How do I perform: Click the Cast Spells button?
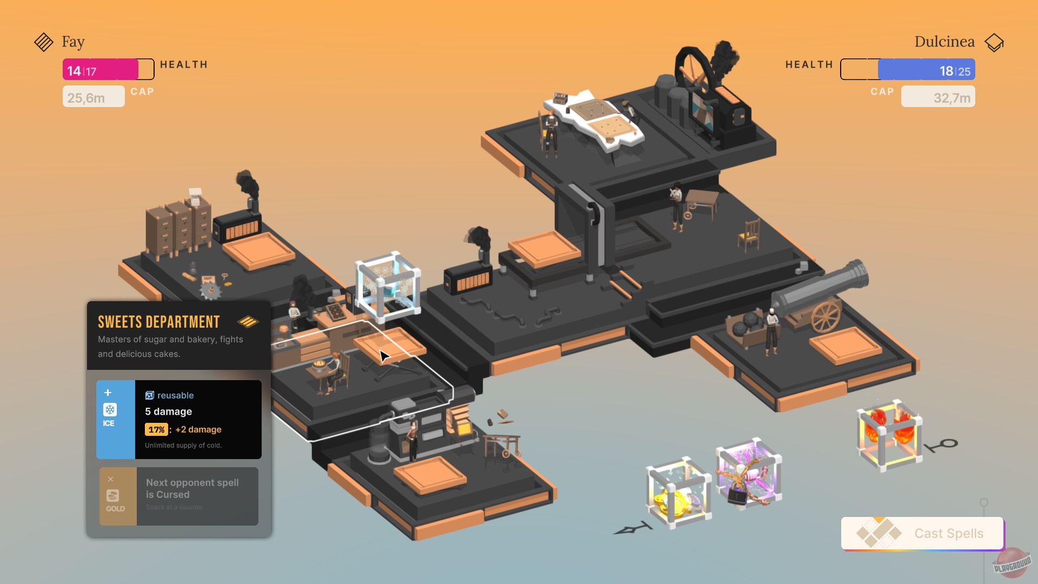pyautogui.click(x=922, y=533)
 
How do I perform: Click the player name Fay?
pyautogui.click(x=73, y=42)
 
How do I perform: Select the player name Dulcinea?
pyautogui.click(x=944, y=42)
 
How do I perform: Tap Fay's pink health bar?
pyautogui.click(x=101, y=70)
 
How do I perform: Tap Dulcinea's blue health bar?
pyautogui.click(x=926, y=70)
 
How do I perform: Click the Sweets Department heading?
pyautogui.click(x=158, y=322)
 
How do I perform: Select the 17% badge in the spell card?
pyautogui.click(x=156, y=429)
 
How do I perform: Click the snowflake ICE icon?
pyautogui.click(x=110, y=410)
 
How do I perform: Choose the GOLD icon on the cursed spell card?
pyautogui.click(x=113, y=496)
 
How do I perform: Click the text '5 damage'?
pyautogui.click(x=168, y=412)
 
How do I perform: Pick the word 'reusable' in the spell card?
pyautogui.click(x=175, y=395)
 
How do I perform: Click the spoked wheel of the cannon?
pyautogui.click(x=826, y=316)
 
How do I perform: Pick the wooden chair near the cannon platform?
pyautogui.click(x=750, y=236)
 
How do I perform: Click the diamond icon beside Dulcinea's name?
pyautogui.click(x=994, y=42)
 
